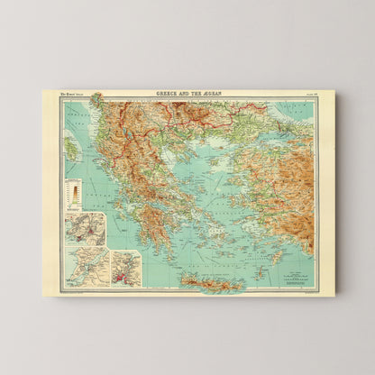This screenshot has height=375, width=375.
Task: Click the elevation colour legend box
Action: (73, 192)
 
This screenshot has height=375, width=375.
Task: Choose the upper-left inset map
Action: (85, 229)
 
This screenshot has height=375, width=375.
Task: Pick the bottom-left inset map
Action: (85, 268)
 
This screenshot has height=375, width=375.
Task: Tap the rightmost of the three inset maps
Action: (126, 269)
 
